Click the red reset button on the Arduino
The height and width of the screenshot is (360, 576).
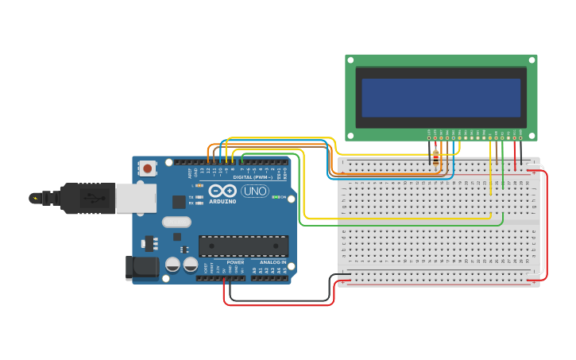click(x=147, y=168)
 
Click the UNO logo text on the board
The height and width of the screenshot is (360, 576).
click(x=254, y=191)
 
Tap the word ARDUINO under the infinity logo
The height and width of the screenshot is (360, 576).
click(x=223, y=201)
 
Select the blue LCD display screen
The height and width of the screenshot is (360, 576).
click(x=441, y=98)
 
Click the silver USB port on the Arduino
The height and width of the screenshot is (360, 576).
click(x=136, y=198)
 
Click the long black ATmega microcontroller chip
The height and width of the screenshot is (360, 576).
click(x=243, y=246)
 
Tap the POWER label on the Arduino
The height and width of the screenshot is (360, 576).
click(x=235, y=262)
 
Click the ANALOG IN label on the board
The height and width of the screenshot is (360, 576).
click(x=273, y=262)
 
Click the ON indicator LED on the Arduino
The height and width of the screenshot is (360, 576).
click(x=276, y=197)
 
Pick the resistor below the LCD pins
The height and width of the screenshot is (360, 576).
click(x=435, y=152)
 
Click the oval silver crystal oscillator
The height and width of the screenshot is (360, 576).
click(x=176, y=222)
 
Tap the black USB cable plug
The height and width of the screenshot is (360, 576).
click(x=87, y=198)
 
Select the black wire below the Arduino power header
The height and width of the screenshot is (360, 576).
click(x=278, y=300)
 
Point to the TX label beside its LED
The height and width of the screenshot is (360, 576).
click(x=191, y=196)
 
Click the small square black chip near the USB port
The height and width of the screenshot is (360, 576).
click(x=179, y=202)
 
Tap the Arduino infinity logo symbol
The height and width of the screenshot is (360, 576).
click(x=222, y=191)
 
